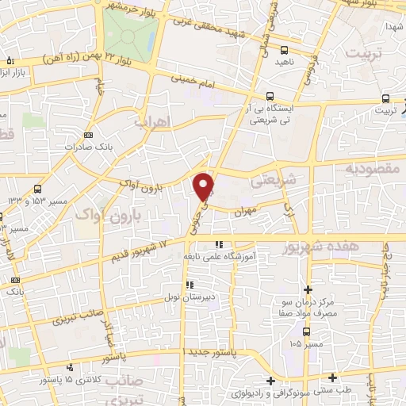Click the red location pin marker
tap(205, 186)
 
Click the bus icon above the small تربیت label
tap(385, 98)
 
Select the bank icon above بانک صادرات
tap(88, 135)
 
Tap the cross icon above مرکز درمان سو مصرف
tap(308, 290)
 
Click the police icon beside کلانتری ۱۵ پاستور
tap(72, 368)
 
